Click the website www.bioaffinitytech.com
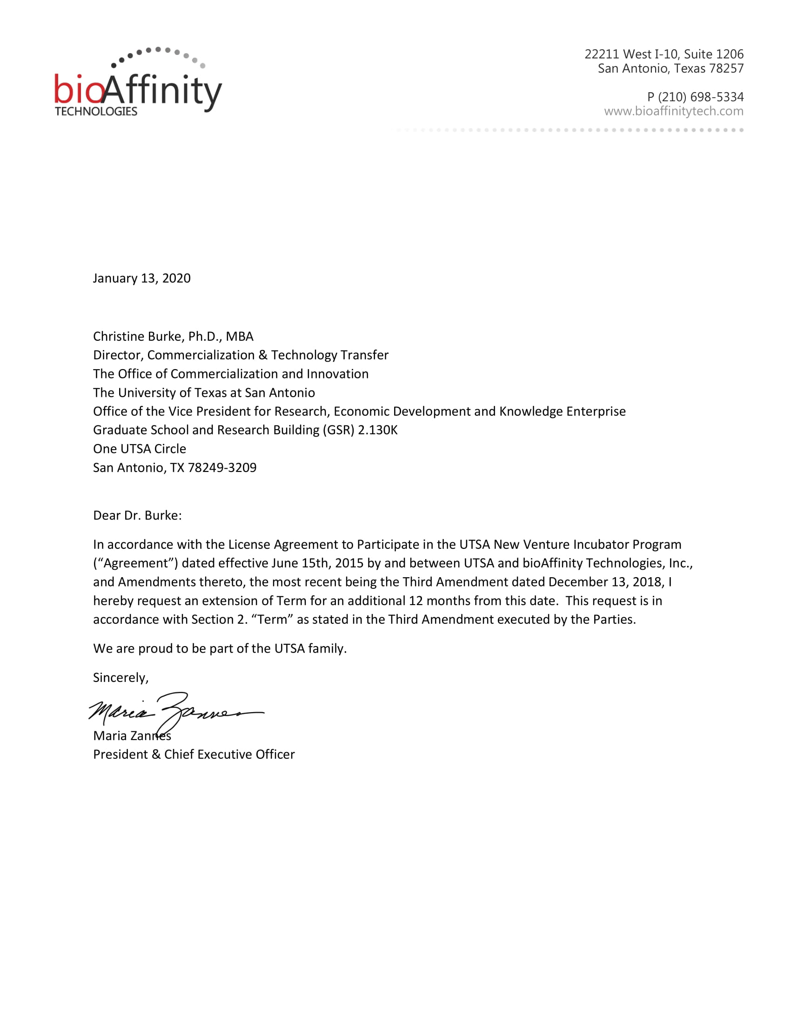pyautogui.click(x=673, y=111)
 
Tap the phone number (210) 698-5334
pyautogui.click(x=701, y=97)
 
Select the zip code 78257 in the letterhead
pyautogui.click(x=726, y=68)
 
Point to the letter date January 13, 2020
pyautogui.click(x=141, y=278)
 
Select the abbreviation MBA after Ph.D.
pyautogui.click(x=240, y=336)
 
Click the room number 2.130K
pyautogui.click(x=377, y=430)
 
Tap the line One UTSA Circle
pyautogui.click(x=139, y=449)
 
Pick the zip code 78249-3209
pyautogui.click(x=222, y=467)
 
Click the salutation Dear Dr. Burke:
pyautogui.click(x=137, y=515)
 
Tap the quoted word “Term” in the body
pyautogui.click(x=272, y=620)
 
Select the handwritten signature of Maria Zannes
pyautogui.click(x=176, y=712)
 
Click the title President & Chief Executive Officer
pyautogui.click(x=194, y=755)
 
